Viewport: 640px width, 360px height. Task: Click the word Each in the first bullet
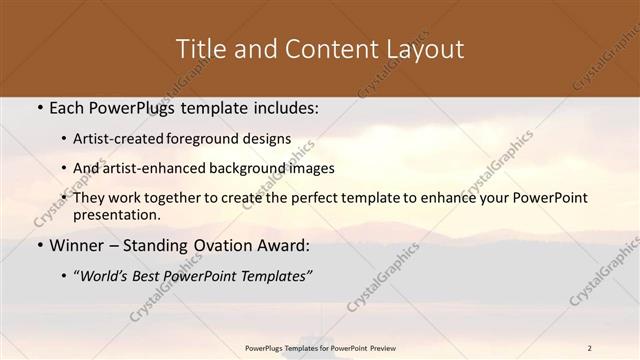[x=67, y=109]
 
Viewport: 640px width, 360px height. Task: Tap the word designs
[x=268, y=139]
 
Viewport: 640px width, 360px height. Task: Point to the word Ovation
[x=225, y=245]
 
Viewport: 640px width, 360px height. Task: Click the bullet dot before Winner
[x=38, y=245]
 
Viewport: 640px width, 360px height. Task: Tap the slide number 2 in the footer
[x=590, y=348]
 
